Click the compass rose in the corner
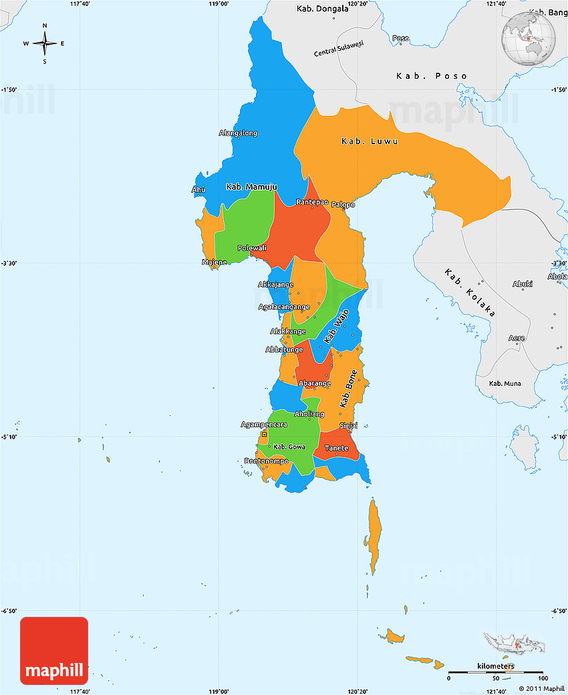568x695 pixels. tap(45, 44)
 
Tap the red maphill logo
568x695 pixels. tap(54, 651)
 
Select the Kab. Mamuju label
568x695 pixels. tap(251, 186)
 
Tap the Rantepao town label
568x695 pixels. tap(312, 202)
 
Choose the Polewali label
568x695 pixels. tap(252, 248)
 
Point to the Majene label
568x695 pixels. tap(215, 262)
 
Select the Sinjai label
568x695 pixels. tap(348, 425)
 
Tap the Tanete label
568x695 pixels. tap(336, 448)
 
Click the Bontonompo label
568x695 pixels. tap(267, 461)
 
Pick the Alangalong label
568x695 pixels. tap(238, 133)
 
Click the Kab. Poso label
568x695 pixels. tap(432, 75)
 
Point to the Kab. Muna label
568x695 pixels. tap(505, 383)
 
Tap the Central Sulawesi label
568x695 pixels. tap(339, 49)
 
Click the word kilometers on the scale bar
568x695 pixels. tap(496, 666)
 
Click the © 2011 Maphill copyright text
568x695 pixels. tap(542, 688)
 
